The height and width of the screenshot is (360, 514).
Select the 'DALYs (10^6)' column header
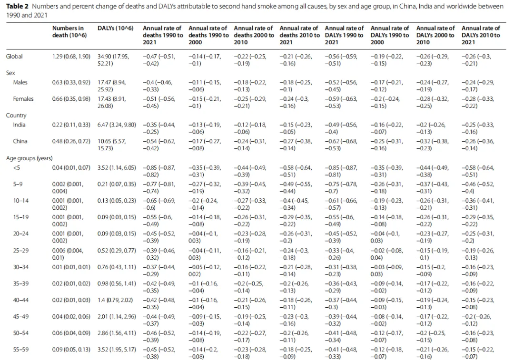tap(115, 28)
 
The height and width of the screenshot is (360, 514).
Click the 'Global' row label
tap(14, 56)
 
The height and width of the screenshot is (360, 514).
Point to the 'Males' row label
tap(20, 82)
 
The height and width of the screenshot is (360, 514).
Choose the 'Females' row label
tap(23, 98)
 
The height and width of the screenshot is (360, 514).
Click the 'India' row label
tap(19, 125)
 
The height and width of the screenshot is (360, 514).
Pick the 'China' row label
tap(20, 141)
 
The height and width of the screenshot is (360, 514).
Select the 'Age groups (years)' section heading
tap(29, 158)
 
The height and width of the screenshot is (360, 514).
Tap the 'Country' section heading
tap(16, 115)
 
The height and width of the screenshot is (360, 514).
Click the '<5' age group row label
tap(16, 168)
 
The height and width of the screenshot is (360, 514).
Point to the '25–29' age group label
tap(20, 251)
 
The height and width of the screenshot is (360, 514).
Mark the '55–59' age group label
tap(20, 350)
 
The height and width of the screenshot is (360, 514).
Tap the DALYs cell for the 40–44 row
tap(115, 300)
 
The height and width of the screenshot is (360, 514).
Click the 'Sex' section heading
tap(10, 73)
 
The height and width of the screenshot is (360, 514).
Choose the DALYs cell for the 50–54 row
tap(117, 333)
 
